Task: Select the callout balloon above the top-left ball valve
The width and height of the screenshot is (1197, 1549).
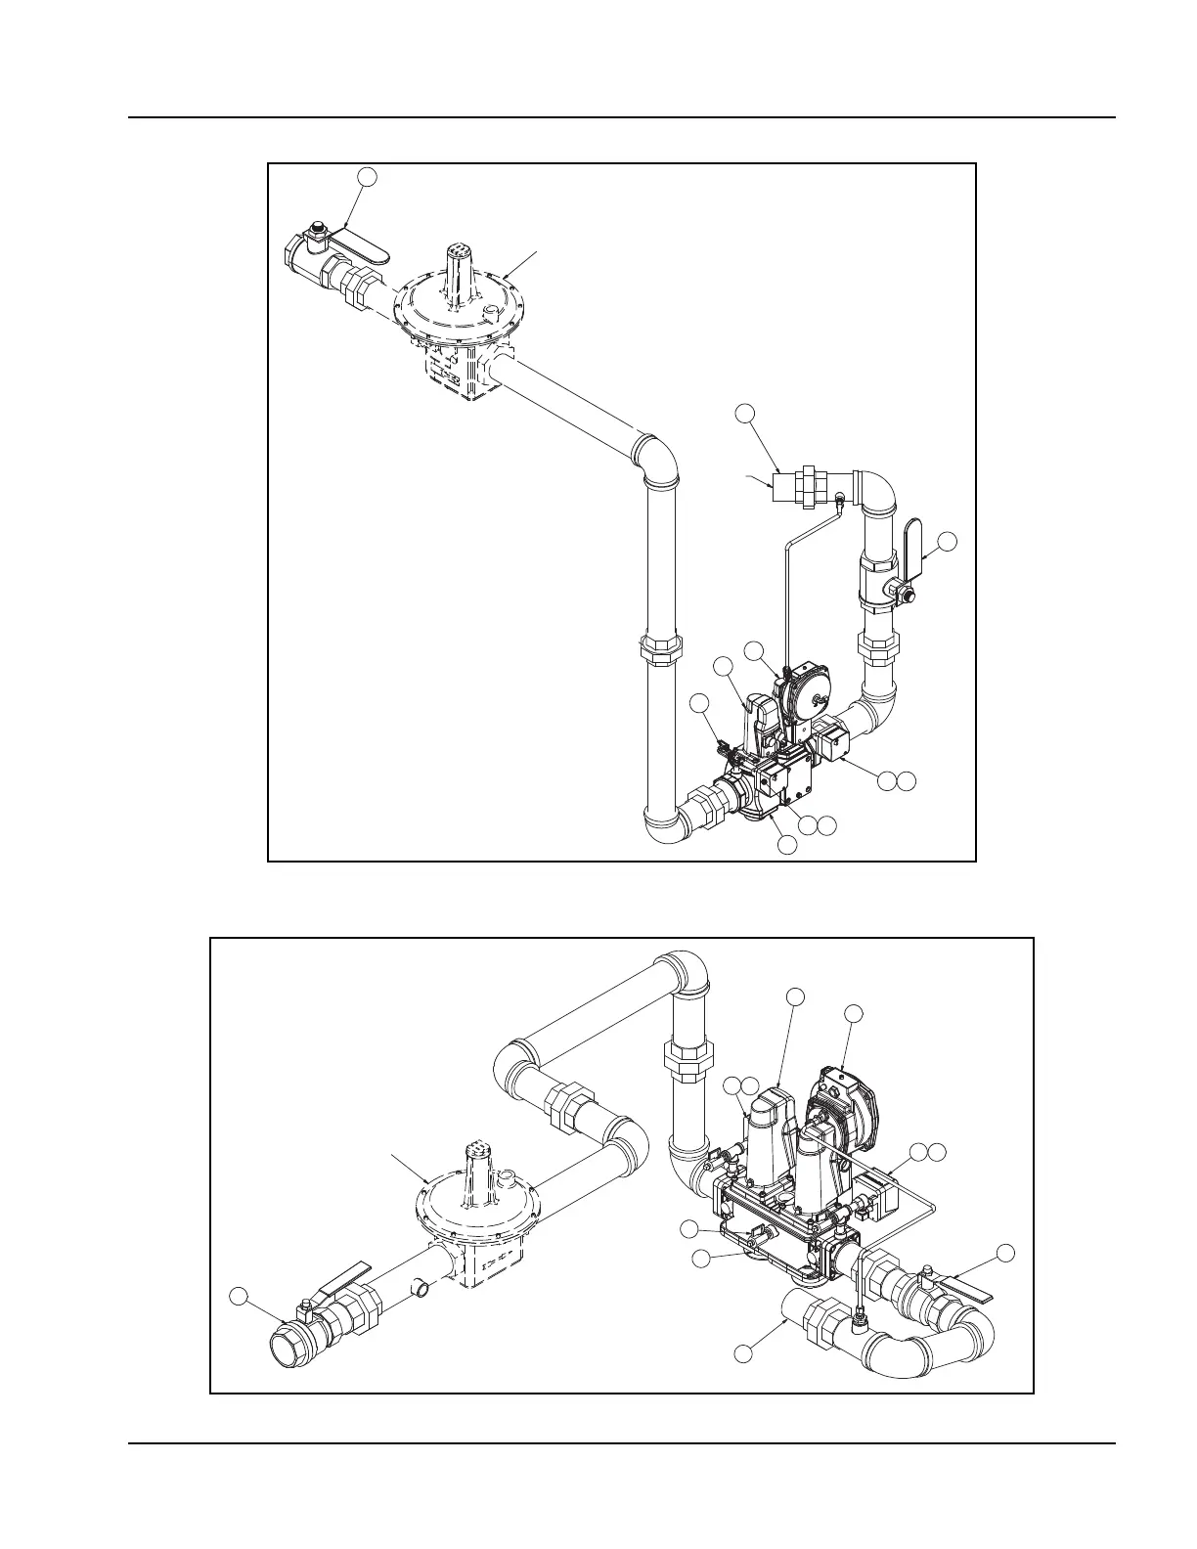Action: (x=366, y=176)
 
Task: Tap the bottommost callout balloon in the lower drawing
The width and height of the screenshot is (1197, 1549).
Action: (x=744, y=1352)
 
